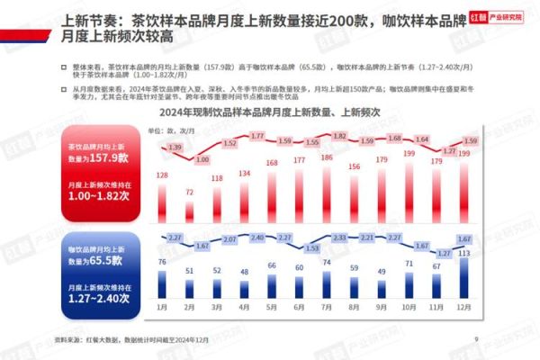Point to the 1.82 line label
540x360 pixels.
[x=340, y=136]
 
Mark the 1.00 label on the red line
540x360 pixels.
[x=202, y=159]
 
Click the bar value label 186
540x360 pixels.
[x=327, y=157]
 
